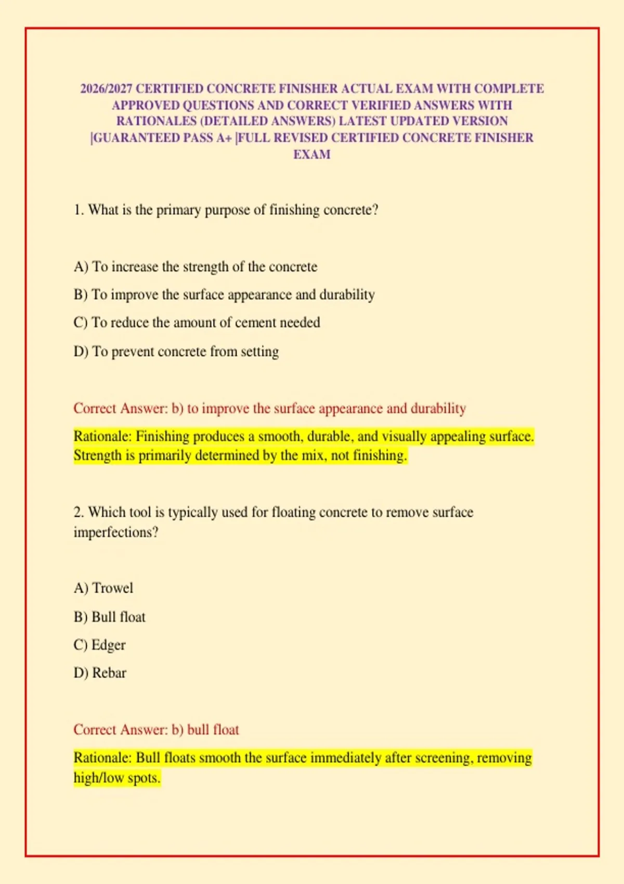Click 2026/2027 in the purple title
pos(106,89)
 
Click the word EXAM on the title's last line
pos(311,154)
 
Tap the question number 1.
pos(78,210)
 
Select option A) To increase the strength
pos(195,267)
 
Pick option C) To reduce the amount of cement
pos(197,322)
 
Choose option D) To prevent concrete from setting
pos(176,352)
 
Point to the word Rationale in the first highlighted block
pos(102,436)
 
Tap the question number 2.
pos(78,512)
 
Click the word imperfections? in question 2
pos(115,532)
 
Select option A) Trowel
pos(103,588)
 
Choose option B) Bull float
pos(110,617)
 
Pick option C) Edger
pos(100,645)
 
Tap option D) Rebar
pos(100,673)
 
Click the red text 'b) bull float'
pos(205,730)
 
